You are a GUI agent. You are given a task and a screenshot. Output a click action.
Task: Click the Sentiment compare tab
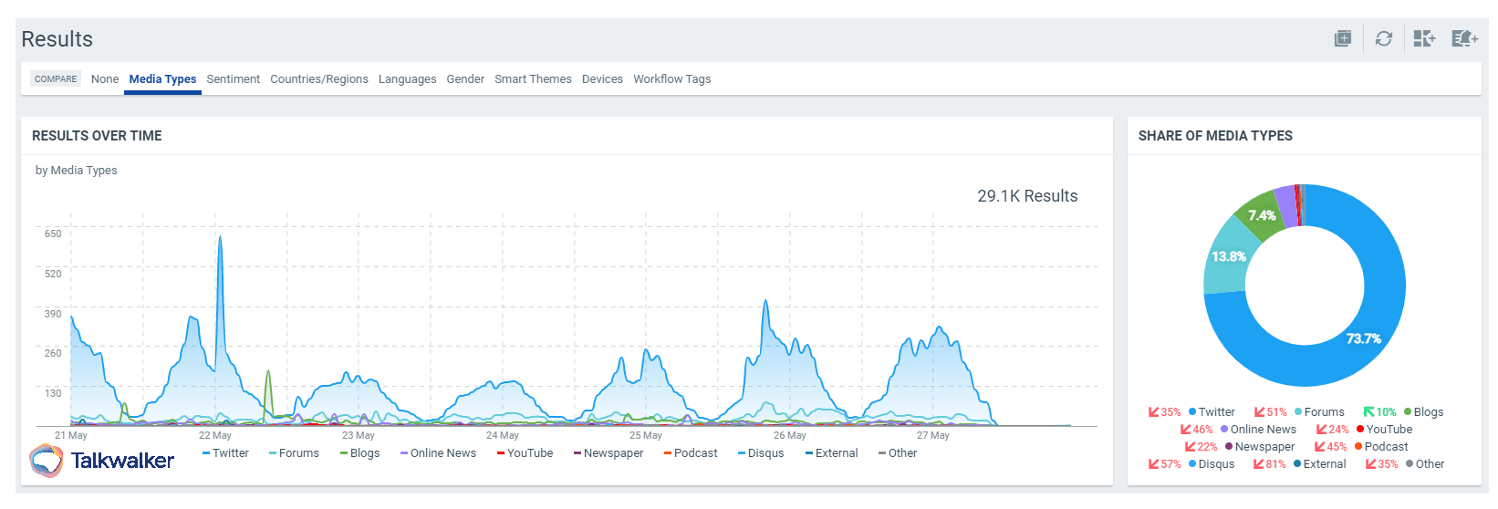(233, 79)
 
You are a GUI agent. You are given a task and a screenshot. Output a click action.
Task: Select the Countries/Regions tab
(319, 79)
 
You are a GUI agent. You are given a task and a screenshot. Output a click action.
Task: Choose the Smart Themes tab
(533, 79)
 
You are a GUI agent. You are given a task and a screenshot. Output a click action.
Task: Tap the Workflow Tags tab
(671, 79)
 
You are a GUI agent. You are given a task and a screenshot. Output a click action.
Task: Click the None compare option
(105, 79)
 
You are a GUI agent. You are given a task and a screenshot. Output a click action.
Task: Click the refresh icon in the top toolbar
(1384, 38)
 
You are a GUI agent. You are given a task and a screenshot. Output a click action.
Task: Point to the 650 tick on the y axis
(53, 234)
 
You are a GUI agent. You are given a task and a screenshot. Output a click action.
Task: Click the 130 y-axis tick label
(53, 393)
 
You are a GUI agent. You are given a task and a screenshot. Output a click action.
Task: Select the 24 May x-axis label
(502, 436)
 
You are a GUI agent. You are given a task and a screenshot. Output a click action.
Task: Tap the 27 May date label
(932, 436)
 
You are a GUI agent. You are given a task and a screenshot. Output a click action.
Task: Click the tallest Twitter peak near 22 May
(220, 239)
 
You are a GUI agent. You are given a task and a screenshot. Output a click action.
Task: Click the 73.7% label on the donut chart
(1363, 338)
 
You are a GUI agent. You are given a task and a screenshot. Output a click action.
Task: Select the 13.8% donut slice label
(1229, 256)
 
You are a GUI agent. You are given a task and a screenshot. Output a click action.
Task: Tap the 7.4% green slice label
(1262, 215)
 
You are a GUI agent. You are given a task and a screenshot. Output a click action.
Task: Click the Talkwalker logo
(101, 461)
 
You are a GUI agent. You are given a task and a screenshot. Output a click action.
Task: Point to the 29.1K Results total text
(1027, 196)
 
